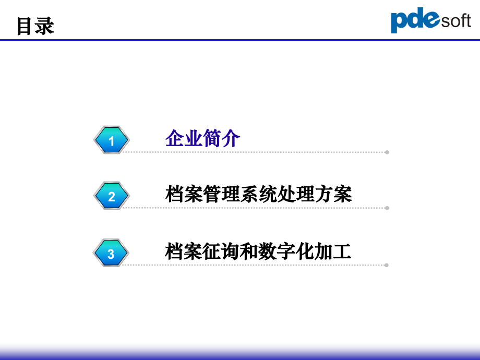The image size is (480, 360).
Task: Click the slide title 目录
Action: (35, 26)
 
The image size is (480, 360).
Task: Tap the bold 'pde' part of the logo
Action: (415, 21)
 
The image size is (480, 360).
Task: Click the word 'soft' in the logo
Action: (456, 21)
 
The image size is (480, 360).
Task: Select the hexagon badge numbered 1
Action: (111, 140)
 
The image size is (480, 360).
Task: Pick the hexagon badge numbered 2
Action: (111, 196)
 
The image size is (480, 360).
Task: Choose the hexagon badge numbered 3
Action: (111, 254)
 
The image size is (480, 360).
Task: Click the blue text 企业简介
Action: (202, 139)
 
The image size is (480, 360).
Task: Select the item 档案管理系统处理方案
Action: (258, 194)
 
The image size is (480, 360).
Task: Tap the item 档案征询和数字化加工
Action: (258, 251)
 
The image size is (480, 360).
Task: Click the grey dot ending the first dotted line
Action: (387, 152)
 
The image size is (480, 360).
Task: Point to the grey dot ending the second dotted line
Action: (387, 208)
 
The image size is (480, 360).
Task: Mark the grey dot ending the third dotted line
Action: (386, 265)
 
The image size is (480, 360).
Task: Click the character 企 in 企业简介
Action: (174, 139)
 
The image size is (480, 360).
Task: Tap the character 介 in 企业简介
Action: (231, 139)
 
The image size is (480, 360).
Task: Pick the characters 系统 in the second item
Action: (258, 194)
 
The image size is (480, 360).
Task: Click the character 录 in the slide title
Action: (45, 26)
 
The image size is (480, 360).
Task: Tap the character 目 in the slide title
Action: (25, 26)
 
